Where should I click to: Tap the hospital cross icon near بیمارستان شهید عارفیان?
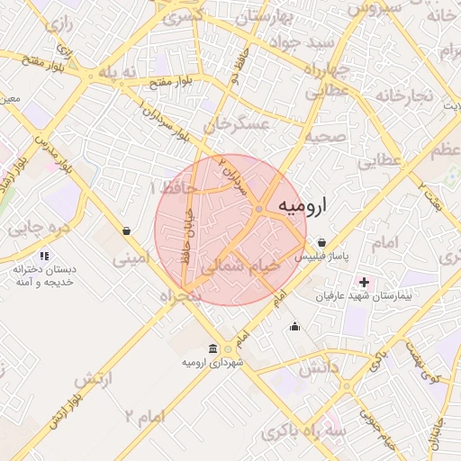tap(364, 283)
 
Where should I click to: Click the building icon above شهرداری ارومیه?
tap(212, 348)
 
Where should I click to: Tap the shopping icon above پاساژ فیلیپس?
tap(322, 242)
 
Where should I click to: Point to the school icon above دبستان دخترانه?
tap(45, 257)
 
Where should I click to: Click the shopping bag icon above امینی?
tap(126, 230)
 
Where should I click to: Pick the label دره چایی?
tap(39, 229)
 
